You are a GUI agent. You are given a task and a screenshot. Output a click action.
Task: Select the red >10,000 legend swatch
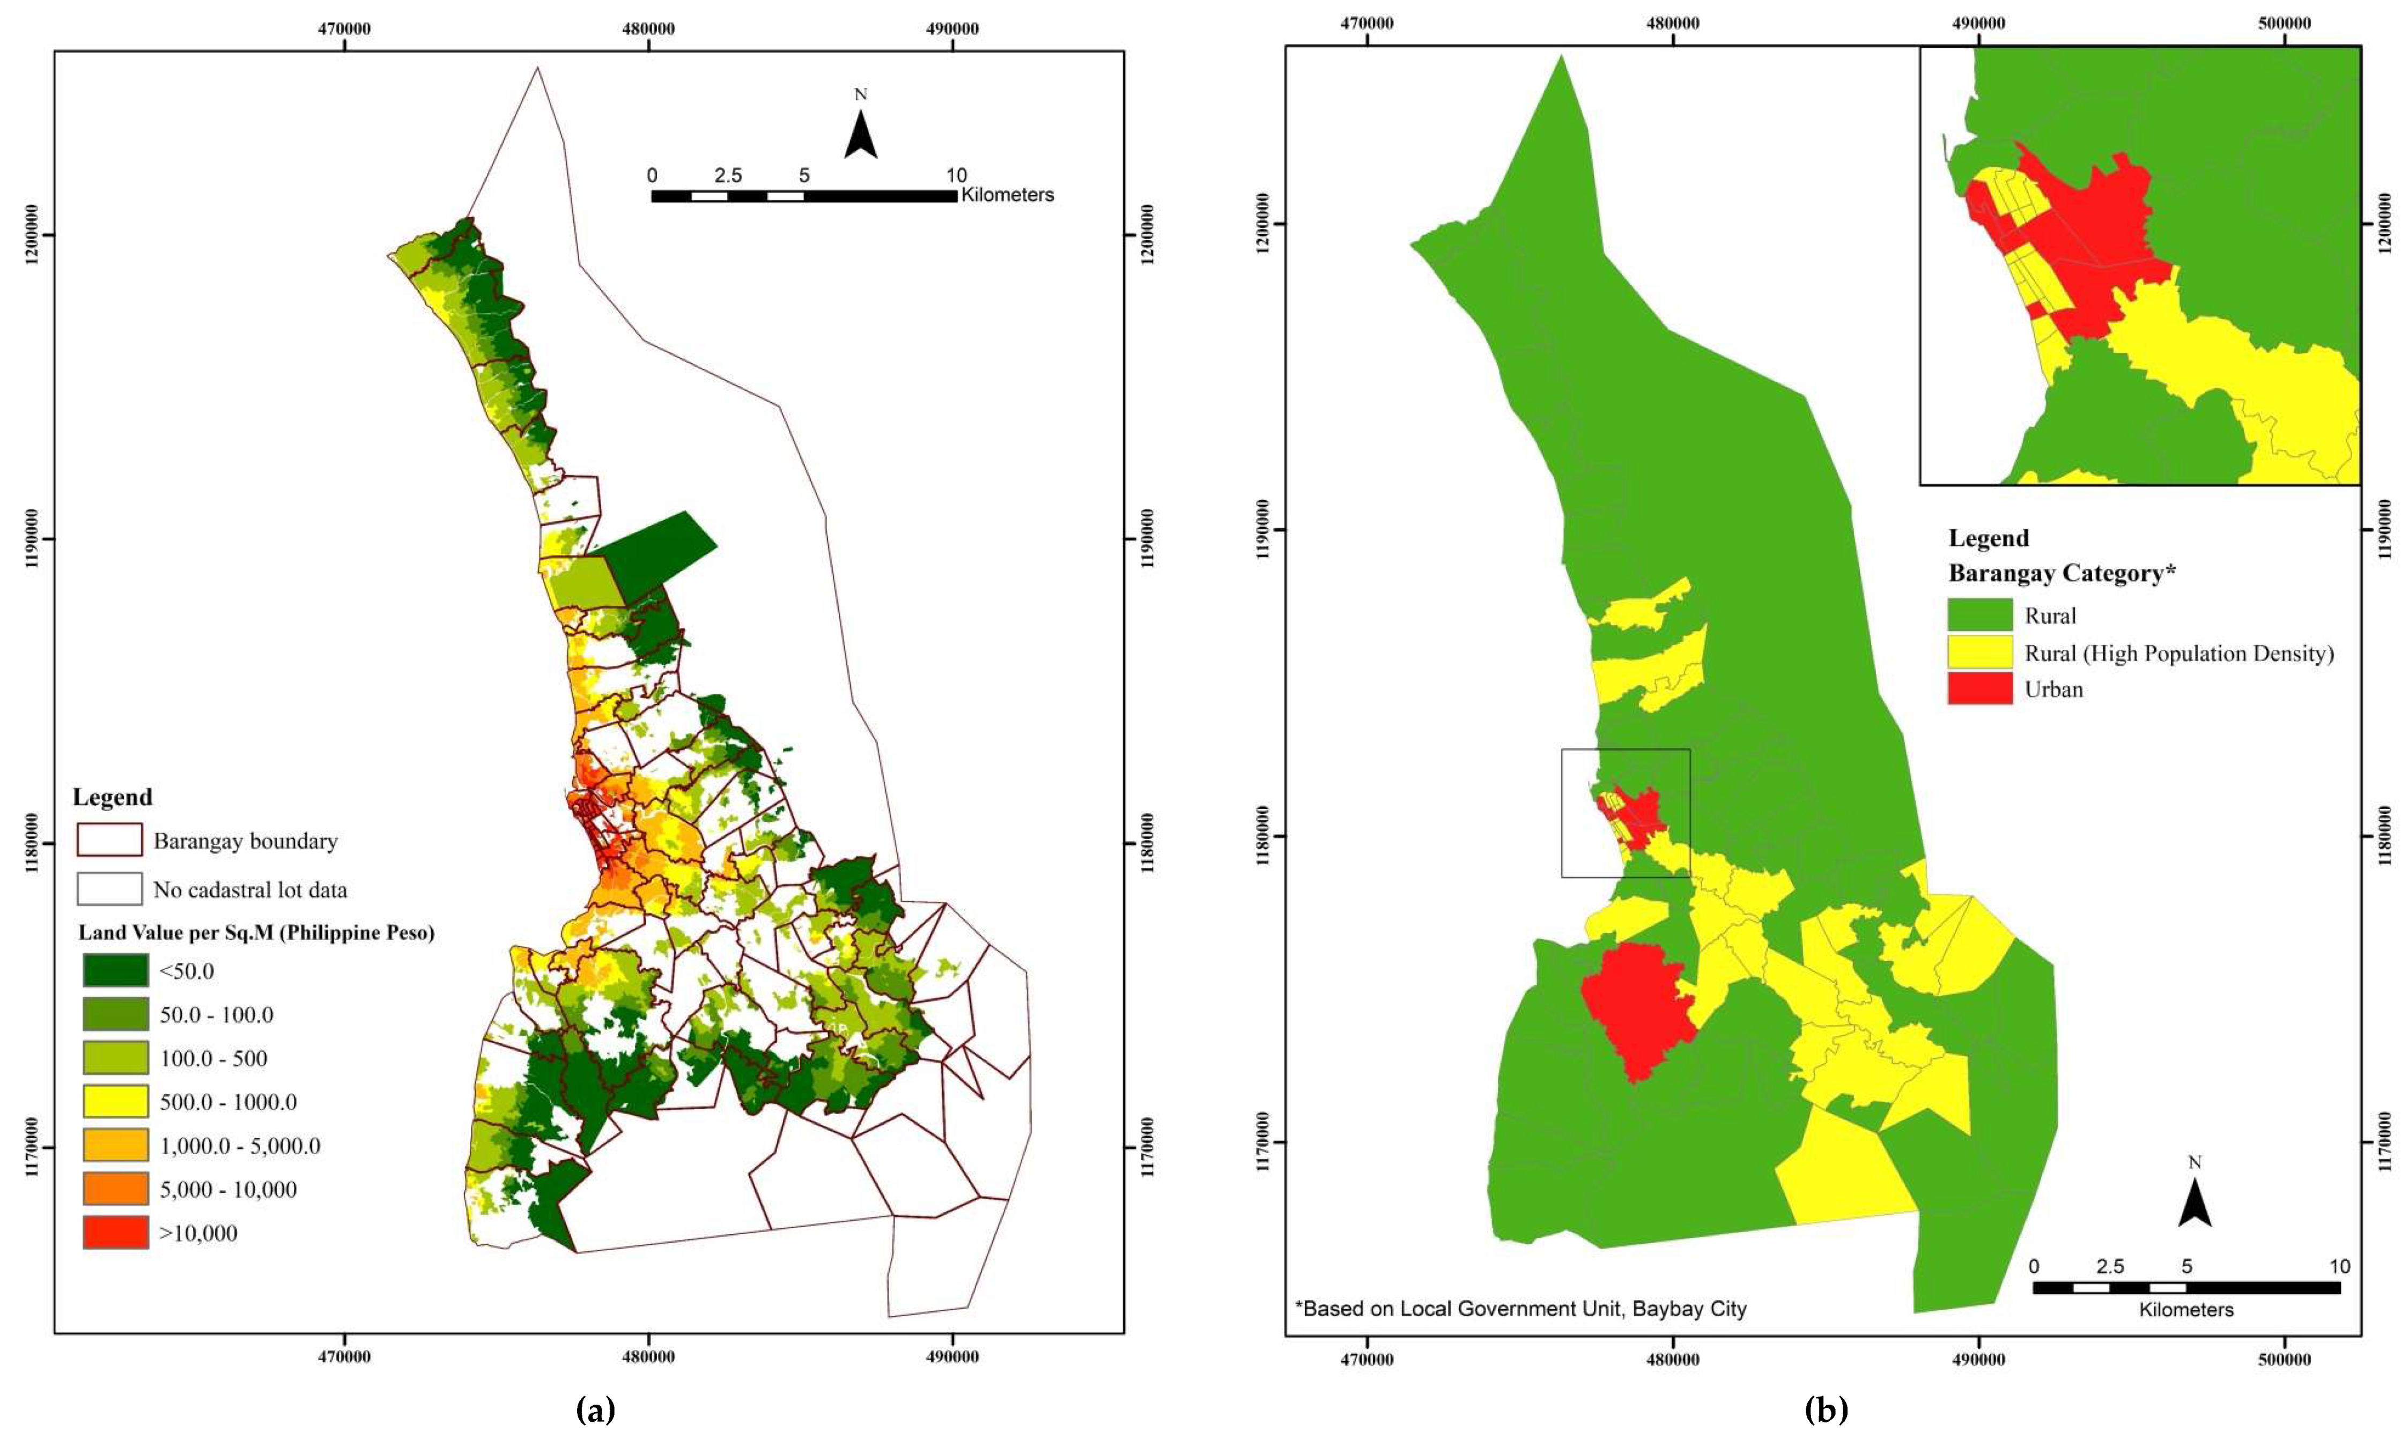click(x=115, y=1233)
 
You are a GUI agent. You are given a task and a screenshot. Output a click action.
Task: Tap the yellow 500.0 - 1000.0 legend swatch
click(x=115, y=1101)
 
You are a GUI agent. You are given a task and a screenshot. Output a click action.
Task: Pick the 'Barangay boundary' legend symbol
click(x=109, y=840)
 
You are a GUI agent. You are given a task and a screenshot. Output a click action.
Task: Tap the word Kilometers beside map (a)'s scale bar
click(x=1007, y=195)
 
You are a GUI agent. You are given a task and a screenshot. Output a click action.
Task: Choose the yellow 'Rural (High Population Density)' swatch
click(x=1980, y=653)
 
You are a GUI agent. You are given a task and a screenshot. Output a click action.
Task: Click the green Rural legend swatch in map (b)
click(x=1980, y=615)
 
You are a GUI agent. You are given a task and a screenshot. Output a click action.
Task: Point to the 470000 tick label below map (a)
click(x=344, y=1356)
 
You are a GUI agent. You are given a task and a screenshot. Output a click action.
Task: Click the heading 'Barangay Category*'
click(x=2062, y=574)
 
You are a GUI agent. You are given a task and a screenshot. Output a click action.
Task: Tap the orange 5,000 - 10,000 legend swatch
click(x=115, y=1189)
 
